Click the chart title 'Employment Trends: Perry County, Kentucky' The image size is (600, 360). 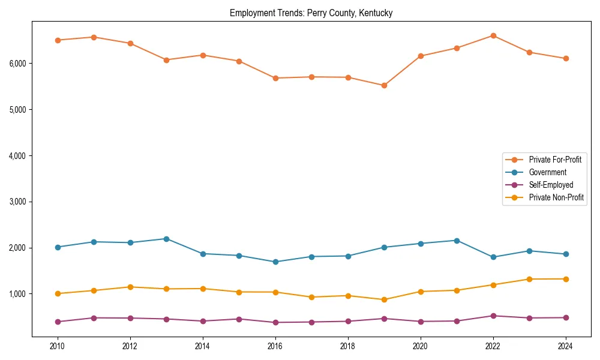(x=311, y=13)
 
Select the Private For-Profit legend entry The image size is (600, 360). (x=555, y=160)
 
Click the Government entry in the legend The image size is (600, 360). (x=547, y=172)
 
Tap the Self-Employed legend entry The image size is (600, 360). (x=551, y=185)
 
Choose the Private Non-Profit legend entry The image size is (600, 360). (x=556, y=197)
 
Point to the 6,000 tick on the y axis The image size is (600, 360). (x=17, y=64)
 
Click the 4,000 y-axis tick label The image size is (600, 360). (x=17, y=156)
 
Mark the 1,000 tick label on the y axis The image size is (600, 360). (x=17, y=294)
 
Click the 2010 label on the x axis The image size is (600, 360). (x=58, y=346)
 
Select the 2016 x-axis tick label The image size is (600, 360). (x=275, y=346)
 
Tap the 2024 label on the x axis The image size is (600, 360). (x=565, y=346)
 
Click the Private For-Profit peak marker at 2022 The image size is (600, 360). (x=493, y=35)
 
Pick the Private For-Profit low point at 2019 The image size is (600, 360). (x=384, y=85)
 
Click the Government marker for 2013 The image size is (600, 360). (x=166, y=239)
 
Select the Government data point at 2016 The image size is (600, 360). (x=275, y=262)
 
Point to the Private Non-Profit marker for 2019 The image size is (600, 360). (x=384, y=299)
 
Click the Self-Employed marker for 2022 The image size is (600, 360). (x=493, y=316)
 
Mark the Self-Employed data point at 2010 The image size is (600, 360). (x=58, y=322)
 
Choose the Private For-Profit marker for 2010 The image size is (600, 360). (x=58, y=40)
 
